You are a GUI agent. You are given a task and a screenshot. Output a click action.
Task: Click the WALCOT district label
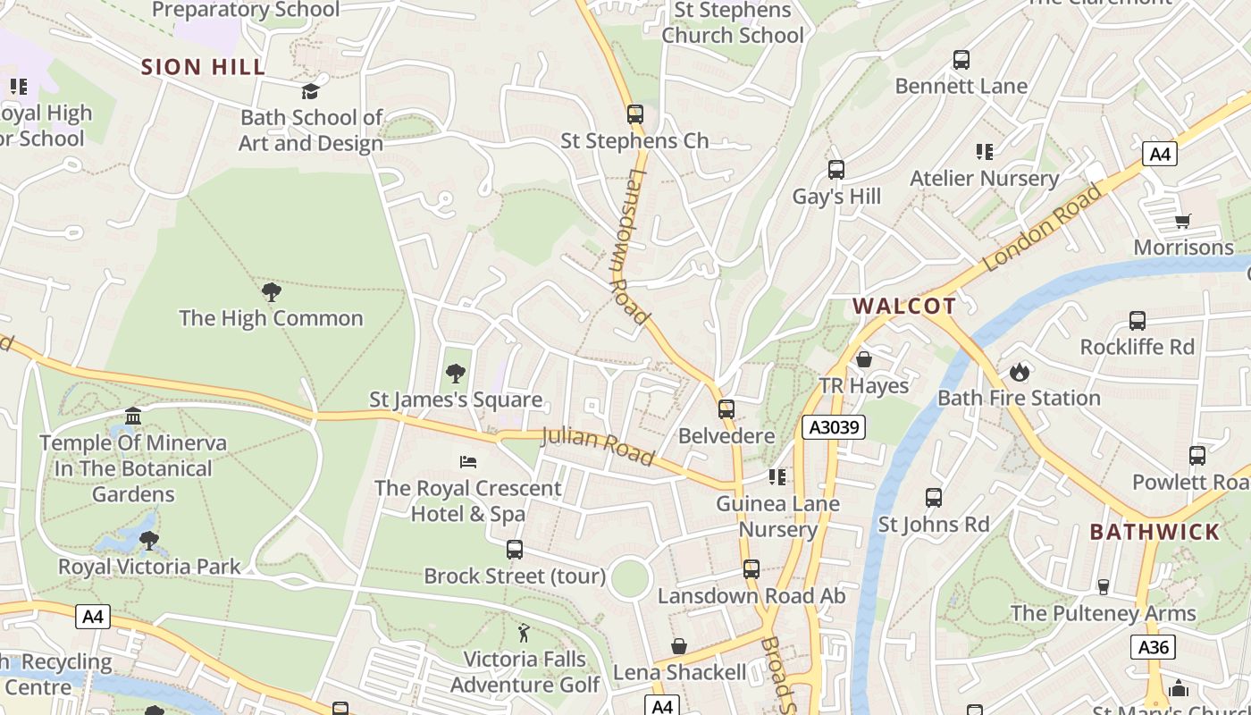[903, 306]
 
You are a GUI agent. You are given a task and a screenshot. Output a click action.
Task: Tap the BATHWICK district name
[1154, 532]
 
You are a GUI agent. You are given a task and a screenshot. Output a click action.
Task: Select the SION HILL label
[204, 67]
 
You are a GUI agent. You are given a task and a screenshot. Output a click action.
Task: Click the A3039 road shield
[833, 427]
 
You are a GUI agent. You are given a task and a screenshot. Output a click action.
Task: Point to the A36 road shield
[1152, 647]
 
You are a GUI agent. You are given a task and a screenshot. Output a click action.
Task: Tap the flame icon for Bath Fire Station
[1019, 372]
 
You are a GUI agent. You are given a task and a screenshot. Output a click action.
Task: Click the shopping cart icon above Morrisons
[1183, 221]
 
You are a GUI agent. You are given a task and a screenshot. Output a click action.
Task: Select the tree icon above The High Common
[271, 292]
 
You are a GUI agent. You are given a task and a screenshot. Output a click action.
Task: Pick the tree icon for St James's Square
[456, 374]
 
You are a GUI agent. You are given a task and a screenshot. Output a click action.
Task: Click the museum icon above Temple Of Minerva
[133, 416]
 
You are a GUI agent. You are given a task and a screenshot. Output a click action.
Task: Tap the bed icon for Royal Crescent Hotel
[468, 462]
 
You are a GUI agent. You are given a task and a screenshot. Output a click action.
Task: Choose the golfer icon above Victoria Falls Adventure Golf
[525, 634]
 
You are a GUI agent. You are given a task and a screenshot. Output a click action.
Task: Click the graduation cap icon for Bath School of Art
[310, 91]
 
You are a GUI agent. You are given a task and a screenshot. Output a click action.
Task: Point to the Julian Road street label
[598, 446]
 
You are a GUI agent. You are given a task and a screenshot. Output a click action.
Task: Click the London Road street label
[1042, 228]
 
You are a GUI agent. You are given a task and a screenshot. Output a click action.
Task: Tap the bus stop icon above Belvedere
[726, 409]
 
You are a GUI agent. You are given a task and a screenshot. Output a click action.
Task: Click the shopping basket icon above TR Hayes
[864, 360]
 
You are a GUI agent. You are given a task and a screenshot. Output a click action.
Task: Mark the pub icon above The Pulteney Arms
[1103, 587]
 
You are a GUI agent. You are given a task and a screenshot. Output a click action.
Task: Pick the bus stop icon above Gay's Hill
[836, 170]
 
